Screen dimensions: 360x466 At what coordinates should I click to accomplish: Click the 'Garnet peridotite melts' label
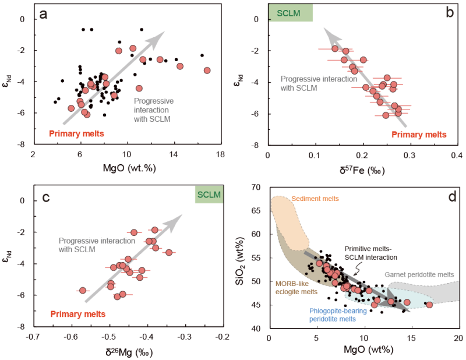click(419, 274)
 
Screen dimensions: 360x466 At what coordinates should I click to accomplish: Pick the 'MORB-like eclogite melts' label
click(295, 287)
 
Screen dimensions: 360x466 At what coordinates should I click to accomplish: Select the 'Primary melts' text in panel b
click(419, 134)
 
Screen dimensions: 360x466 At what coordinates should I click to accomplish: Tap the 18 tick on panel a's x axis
click(220, 155)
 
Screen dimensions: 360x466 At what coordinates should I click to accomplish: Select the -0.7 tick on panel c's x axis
click(33, 337)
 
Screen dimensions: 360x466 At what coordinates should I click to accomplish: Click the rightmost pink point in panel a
click(207, 70)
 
